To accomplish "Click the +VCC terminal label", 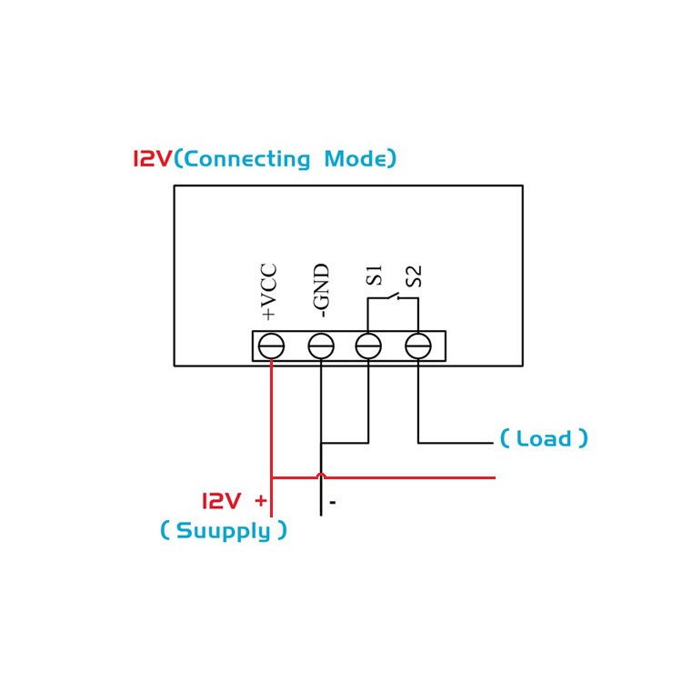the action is coord(268,291).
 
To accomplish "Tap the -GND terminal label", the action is coord(321,290).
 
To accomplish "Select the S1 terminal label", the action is coord(374,275).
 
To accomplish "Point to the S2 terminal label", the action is coord(414,276).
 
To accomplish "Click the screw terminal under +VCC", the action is coord(271,346).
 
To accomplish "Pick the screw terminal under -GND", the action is coord(321,346).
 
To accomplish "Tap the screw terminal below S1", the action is coord(368,346).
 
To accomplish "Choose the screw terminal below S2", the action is coord(418,346).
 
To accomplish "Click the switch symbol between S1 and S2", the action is coord(394,297).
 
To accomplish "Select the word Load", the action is coord(544,438).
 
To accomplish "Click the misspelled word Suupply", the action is coord(224,531).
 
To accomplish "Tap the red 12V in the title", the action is coord(153,158).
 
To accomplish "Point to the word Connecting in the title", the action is coord(247,159).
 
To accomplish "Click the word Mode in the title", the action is coord(355,158).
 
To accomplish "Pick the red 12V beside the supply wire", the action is coord(221,501).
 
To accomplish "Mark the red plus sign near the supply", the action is coord(261,501).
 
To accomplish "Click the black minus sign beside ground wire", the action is coord(333,503).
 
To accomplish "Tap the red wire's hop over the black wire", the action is coord(321,475).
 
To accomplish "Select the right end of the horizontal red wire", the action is coord(495,477).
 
